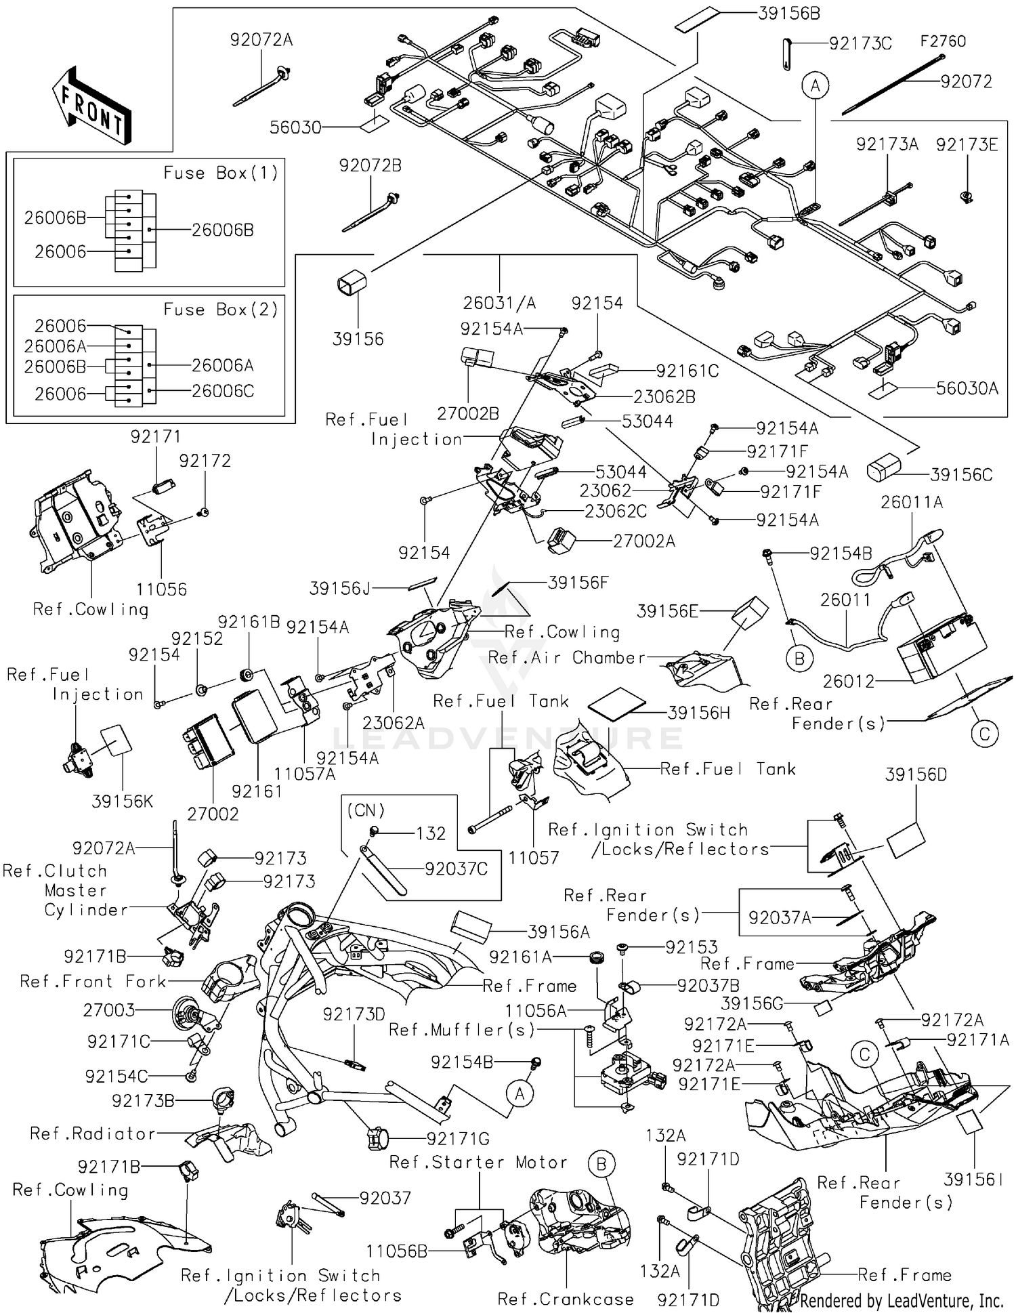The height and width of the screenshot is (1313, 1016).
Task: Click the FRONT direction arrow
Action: (x=91, y=105)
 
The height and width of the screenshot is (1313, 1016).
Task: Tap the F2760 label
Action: (x=942, y=41)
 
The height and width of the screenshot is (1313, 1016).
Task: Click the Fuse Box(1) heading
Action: (x=221, y=173)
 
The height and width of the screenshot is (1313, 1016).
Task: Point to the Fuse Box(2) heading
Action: (x=221, y=310)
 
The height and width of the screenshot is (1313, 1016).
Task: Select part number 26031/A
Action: (x=499, y=303)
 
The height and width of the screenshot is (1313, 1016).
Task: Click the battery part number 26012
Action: (x=848, y=681)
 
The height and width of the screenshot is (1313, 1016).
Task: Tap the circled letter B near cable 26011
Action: (x=799, y=658)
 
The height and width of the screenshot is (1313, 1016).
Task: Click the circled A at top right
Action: (x=816, y=86)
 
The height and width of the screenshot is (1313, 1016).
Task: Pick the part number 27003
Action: (x=108, y=1010)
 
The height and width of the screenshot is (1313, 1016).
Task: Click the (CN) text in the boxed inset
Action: (x=366, y=810)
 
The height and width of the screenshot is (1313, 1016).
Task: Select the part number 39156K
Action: (x=123, y=801)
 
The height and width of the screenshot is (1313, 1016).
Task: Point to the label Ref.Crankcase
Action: (x=566, y=1299)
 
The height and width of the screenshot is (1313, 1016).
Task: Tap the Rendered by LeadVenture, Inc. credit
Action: (x=902, y=1300)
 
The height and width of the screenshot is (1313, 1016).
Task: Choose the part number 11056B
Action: (x=396, y=1251)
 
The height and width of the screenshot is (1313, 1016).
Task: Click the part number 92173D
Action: (x=354, y=1014)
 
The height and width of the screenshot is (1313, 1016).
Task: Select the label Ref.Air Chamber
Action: (x=566, y=658)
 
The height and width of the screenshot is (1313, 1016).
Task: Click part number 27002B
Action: (x=468, y=413)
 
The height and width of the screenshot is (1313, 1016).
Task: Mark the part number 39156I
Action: (x=973, y=1180)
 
